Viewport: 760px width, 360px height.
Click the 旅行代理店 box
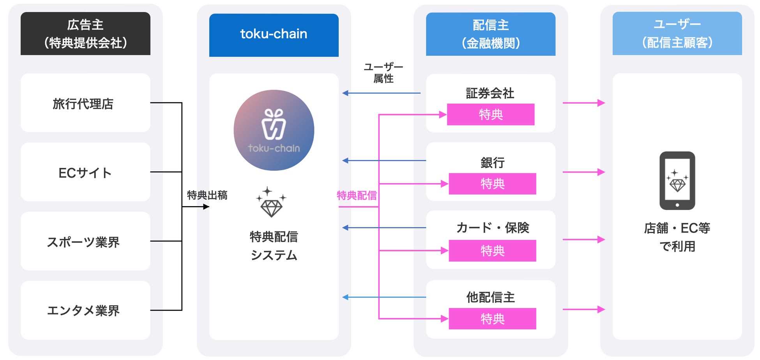tap(85, 103)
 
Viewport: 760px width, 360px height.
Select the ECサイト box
tap(85, 172)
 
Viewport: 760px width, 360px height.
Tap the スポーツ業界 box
tap(85, 242)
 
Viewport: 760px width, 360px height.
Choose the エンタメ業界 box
tap(85, 311)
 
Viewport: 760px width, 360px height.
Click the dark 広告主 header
tap(85, 34)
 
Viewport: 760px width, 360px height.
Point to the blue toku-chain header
tap(274, 35)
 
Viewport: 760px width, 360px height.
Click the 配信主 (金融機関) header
tap(490, 34)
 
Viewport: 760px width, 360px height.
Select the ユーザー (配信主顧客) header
tap(677, 34)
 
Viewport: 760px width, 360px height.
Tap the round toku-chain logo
tap(274, 130)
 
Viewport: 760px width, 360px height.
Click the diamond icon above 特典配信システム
tap(271, 202)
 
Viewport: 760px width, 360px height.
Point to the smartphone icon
tap(677, 180)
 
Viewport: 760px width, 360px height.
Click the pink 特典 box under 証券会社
tap(490, 115)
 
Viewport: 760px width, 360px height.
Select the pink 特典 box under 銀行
tap(492, 184)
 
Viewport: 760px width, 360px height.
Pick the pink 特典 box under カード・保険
tap(492, 251)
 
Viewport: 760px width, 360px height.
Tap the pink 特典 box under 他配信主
tap(492, 319)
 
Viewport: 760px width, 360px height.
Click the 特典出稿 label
tap(207, 195)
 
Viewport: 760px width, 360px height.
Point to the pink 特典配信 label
tap(357, 196)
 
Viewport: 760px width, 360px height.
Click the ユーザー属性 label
tap(383, 73)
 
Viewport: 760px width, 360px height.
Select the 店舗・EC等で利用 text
tap(677, 237)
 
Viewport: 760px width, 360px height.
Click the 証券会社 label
tap(490, 94)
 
